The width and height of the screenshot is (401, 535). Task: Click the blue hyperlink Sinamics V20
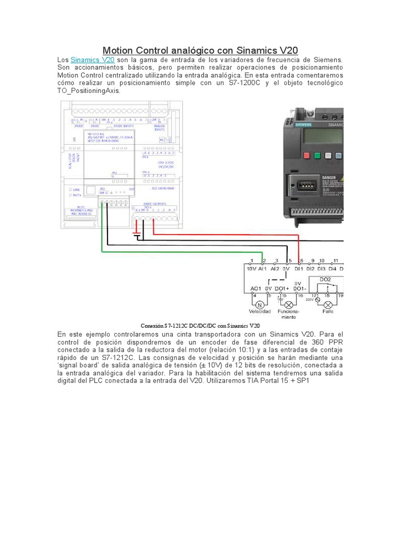[92, 60]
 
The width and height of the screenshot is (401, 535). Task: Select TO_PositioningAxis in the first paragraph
[89, 90]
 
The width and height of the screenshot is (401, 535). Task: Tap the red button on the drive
[304, 156]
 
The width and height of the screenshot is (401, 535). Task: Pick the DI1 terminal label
[299, 269]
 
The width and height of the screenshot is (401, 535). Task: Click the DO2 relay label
[325, 280]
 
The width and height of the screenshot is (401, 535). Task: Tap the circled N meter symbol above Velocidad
[258, 303]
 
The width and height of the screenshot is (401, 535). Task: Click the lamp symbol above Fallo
[328, 304]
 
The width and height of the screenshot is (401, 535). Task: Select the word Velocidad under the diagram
[260, 312]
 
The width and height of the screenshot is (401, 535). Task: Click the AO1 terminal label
[255, 288]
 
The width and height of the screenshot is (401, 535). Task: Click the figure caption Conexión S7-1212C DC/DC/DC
[200, 325]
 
